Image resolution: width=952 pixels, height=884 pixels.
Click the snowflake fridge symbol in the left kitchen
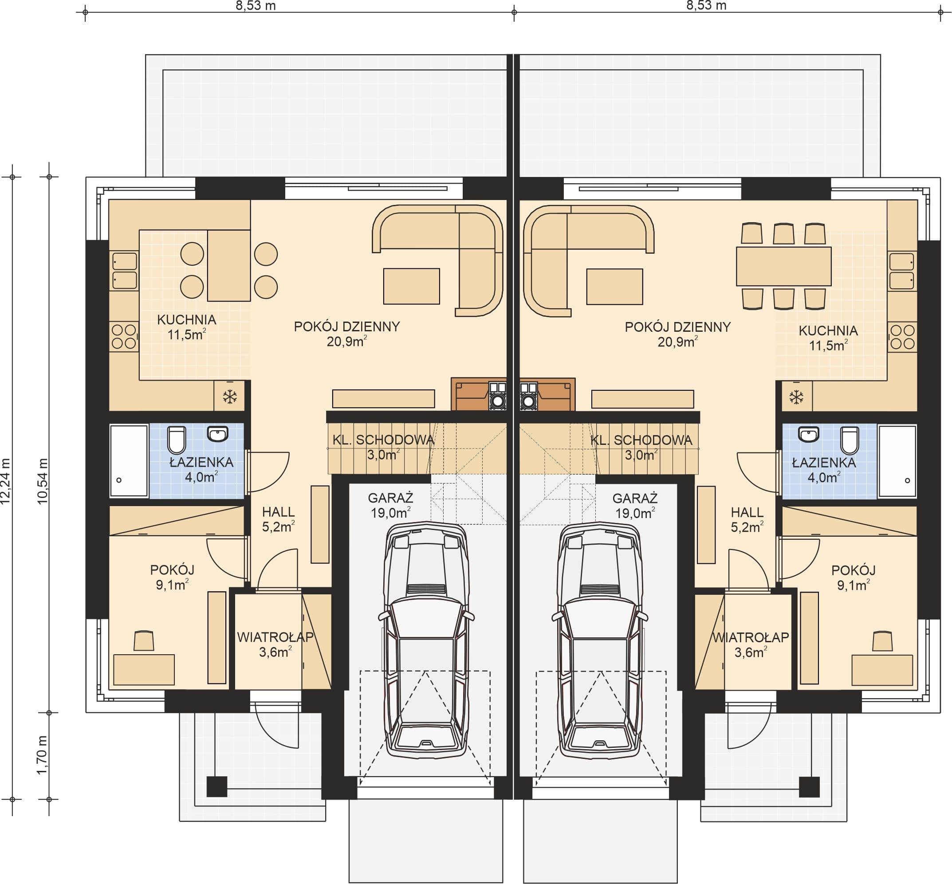click(x=230, y=397)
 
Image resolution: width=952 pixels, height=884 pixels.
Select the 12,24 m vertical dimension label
click(x=6, y=481)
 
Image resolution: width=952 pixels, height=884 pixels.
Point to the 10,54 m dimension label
click(x=43, y=481)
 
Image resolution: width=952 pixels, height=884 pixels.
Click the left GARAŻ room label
click(x=390, y=498)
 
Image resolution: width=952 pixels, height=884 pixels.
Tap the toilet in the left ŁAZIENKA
click(x=177, y=440)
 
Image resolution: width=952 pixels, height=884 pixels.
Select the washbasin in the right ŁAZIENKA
click(x=808, y=434)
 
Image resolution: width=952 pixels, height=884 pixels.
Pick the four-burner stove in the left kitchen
click(x=124, y=336)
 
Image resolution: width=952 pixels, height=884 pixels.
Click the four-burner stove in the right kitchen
click(x=902, y=337)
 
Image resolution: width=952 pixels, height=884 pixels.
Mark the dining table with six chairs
click(x=783, y=266)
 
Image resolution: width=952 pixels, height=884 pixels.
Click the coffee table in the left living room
click(x=411, y=286)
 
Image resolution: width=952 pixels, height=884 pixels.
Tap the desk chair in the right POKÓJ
click(x=882, y=641)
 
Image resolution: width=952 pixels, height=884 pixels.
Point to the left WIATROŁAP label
click(x=275, y=637)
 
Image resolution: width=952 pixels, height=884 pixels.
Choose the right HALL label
click(x=747, y=512)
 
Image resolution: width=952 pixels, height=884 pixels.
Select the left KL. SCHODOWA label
click(x=383, y=440)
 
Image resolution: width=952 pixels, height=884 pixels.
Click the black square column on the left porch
click(x=217, y=786)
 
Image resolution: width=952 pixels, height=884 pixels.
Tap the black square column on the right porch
click(x=810, y=786)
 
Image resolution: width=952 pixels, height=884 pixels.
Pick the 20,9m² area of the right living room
click(x=677, y=342)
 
